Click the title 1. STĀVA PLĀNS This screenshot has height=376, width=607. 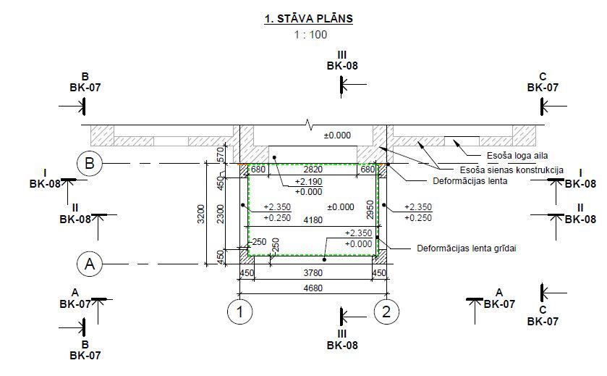tap(308, 19)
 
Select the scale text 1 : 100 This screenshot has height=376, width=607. tap(310, 35)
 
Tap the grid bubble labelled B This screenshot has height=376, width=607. tap(90, 163)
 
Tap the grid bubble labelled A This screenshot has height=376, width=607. tap(90, 264)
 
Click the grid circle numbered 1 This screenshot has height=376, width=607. tap(239, 312)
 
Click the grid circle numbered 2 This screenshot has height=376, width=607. tap(386, 312)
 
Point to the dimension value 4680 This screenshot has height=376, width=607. tap(313, 288)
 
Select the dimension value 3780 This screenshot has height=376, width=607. tap(313, 273)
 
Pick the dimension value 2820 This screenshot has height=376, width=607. tap(313, 169)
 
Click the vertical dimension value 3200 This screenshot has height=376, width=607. tap(200, 214)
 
